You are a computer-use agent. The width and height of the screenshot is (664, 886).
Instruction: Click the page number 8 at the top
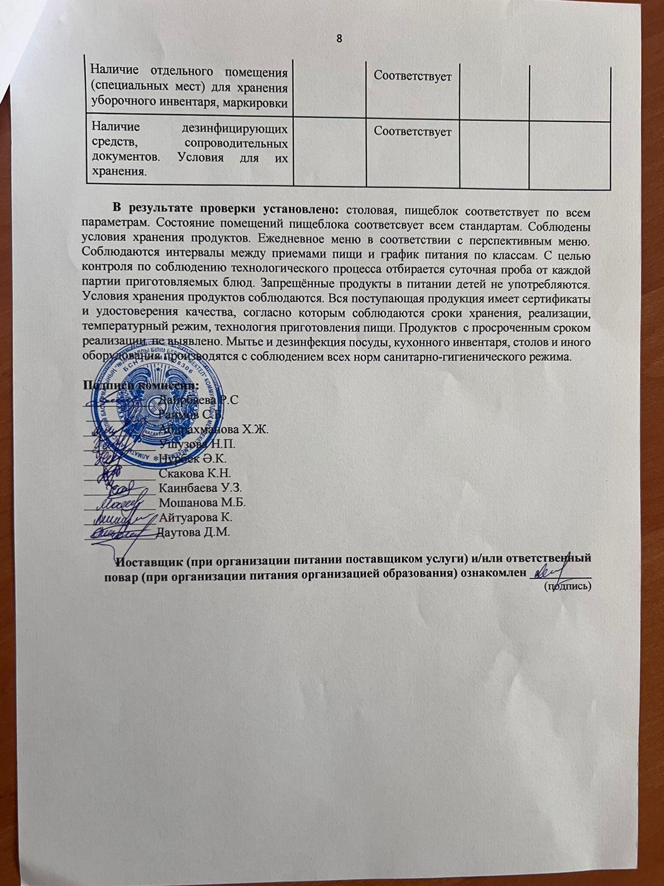pyautogui.click(x=339, y=38)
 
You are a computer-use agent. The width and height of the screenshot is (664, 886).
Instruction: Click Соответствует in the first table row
pyautogui.click(x=412, y=76)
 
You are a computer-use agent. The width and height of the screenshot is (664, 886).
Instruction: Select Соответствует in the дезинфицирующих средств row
pyautogui.click(x=412, y=132)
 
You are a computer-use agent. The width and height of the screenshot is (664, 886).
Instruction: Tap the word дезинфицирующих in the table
pyautogui.click(x=235, y=130)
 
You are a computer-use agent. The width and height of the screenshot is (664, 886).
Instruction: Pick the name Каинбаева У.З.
pyautogui.click(x=200, y=488)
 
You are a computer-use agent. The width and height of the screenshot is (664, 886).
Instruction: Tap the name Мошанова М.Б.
pyautogui.click(x=201, y=503)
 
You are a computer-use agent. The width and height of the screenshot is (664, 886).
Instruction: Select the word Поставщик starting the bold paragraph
pyautogui.click(x=148, y=559)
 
